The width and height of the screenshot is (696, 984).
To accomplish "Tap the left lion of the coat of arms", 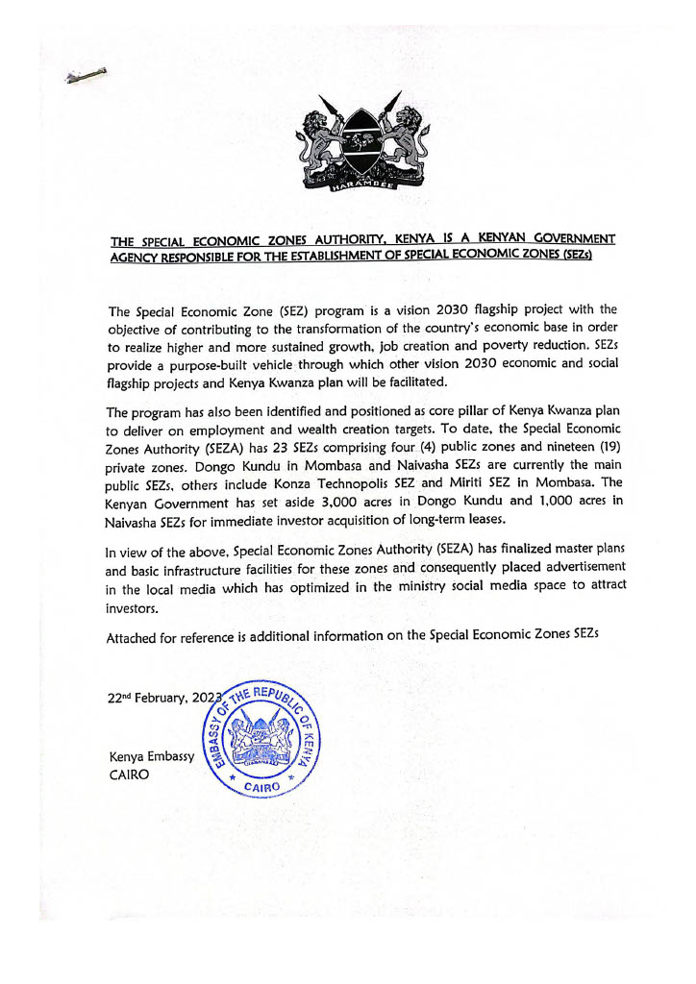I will (316, 137).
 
